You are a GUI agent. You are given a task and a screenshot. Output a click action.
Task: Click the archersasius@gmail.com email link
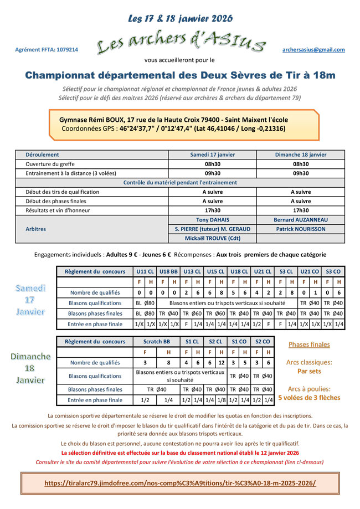pos(313,50)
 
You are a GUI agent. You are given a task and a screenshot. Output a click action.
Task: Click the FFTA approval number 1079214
pos(47,50)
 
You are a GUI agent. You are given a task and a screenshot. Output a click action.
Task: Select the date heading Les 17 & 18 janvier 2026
pos(180,18)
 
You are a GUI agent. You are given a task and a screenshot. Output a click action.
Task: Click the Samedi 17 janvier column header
pos(212,155)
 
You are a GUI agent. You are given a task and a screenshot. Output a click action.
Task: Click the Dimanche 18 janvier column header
pos(301,155)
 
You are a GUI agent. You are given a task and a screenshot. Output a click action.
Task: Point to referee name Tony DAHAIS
pos(212,220)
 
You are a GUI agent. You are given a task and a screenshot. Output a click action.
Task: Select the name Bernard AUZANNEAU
pos(301,220)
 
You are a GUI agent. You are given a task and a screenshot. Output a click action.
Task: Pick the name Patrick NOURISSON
pos(301,229)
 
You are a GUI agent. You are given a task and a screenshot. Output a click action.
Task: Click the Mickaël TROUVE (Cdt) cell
pos(212,238)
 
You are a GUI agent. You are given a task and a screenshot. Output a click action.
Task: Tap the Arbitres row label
pos(36,229)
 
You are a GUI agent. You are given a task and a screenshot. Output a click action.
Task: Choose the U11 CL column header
pos(145,272)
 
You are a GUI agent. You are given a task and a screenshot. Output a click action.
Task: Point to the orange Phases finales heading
pos(309,345)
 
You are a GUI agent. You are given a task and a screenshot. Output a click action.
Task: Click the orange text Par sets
pos(309,371)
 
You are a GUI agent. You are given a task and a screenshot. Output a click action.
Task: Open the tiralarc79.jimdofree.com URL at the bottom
pos(180,483)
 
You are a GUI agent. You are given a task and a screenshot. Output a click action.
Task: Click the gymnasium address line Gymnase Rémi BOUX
pos(173,120)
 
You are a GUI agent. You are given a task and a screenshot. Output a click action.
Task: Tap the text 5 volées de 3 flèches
pos(309,398)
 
